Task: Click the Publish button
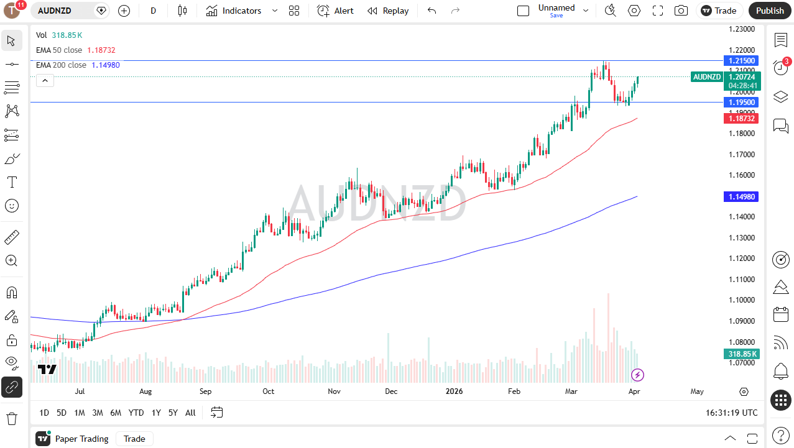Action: point(770,11)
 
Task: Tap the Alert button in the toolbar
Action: point(336,11)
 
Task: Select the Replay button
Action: point(388,11)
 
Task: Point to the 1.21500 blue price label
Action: point(741,61)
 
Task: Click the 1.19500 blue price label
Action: point(741,102)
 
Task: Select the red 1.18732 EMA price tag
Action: point(741,118)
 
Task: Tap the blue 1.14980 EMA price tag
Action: point(741,196)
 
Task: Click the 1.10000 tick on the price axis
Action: point(742,300)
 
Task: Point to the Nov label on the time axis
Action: point(334,391)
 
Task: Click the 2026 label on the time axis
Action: point(455,391)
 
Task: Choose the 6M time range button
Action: point(116,413)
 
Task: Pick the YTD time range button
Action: point(136,413)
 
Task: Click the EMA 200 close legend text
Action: point(61,65)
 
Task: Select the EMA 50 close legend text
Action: point(59,50)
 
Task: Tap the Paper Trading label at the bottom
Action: point(81,439)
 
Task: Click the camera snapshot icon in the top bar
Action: point(681,11)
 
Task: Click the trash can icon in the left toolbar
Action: point(11,418)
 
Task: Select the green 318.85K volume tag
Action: point(742,354)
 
